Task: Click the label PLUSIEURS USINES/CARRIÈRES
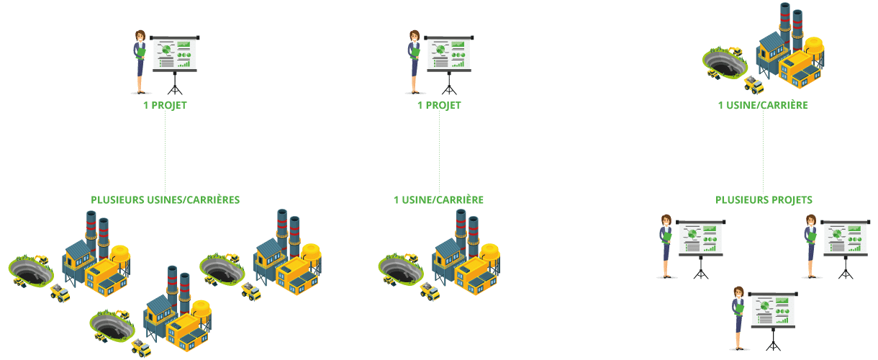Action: point(165,200)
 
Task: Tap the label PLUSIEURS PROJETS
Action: point(764,200)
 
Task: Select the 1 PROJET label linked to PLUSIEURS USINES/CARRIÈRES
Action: point(165,106)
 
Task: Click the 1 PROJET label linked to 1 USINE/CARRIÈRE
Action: point(439,106)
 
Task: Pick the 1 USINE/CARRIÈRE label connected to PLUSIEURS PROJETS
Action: point(763,105)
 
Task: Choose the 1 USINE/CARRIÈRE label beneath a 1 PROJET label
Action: point(438,200)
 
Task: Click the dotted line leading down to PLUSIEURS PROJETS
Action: point(763,152)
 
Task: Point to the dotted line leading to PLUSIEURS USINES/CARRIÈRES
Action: point(165,152)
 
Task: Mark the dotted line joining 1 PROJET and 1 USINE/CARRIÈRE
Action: point(439,152)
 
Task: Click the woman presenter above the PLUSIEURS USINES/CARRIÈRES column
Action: point(140,62)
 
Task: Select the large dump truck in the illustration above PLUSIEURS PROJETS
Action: point(753,85)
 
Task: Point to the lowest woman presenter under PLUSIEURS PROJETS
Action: point(738,318)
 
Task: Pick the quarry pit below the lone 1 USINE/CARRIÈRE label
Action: point(401,269)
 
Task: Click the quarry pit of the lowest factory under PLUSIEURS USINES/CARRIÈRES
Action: point(112,326)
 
